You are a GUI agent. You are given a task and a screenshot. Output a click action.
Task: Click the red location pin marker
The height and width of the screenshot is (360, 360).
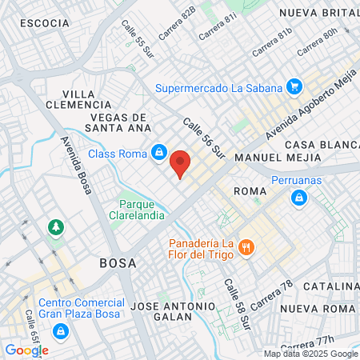181,164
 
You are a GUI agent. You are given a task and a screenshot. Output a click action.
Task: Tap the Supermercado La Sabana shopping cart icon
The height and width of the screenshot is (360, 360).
294,87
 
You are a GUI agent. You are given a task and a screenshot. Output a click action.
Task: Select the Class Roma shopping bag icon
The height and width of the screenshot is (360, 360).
160,153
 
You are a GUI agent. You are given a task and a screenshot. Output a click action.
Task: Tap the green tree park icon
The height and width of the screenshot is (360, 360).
55,228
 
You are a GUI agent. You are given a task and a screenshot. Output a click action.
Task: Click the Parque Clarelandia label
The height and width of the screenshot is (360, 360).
142,209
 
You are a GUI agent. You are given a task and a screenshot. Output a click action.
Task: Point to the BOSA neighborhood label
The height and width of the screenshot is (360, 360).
118,262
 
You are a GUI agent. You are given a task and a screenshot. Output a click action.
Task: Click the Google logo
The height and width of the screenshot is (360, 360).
26,350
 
